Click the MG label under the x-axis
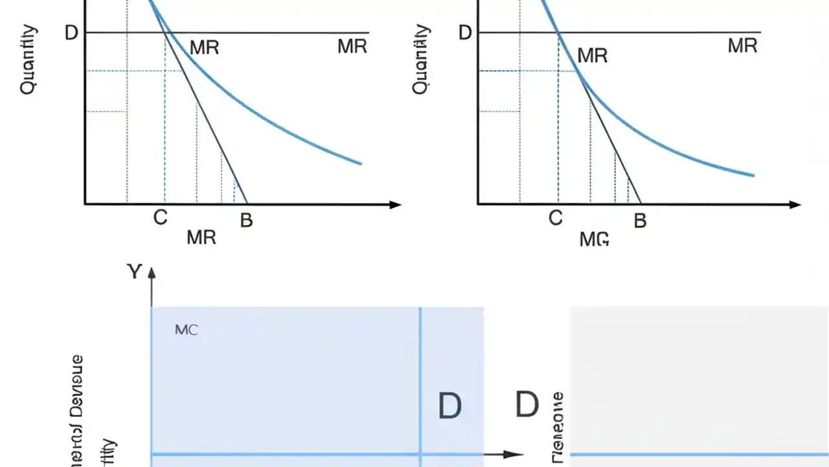point(594,239)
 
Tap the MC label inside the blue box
point(187,330)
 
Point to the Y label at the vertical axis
point(133,272)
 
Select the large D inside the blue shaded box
point(449,407)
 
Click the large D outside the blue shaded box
point(527,405)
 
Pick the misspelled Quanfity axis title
point(421,60)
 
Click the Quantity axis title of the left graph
point(28,60)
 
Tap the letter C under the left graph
point(160,218)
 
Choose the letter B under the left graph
point(246,221)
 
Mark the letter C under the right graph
point(555,219)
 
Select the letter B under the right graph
point(640,221)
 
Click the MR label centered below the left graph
point(201,238)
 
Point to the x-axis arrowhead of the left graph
point(395,205)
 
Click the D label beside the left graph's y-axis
point(72,32)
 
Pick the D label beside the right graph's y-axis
point(465,32)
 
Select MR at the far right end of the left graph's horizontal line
point(352,47)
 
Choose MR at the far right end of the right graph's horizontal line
point(742,46)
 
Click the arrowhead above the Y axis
point(152,272)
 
